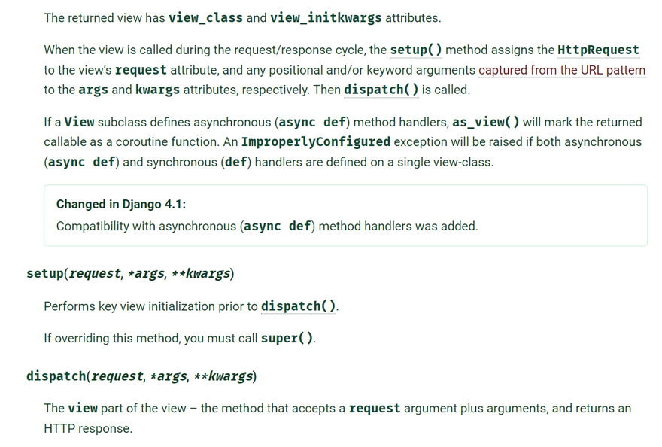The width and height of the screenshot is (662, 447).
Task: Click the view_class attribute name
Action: point(205,17)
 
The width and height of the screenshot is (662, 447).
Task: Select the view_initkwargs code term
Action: point(326,17)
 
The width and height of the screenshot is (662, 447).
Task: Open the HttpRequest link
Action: point(598,50)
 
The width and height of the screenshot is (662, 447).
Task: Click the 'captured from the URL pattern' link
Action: point(562,70)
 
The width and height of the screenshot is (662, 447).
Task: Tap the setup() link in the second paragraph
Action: point(415,50)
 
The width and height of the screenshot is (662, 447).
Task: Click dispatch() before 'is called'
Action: point(380,90)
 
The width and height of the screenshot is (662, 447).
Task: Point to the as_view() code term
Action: point(486,122)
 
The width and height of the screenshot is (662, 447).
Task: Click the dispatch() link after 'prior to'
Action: point(298,306)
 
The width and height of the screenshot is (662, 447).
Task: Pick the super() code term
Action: point(287,339)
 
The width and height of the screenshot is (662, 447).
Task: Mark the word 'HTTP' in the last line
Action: point(58,428)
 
